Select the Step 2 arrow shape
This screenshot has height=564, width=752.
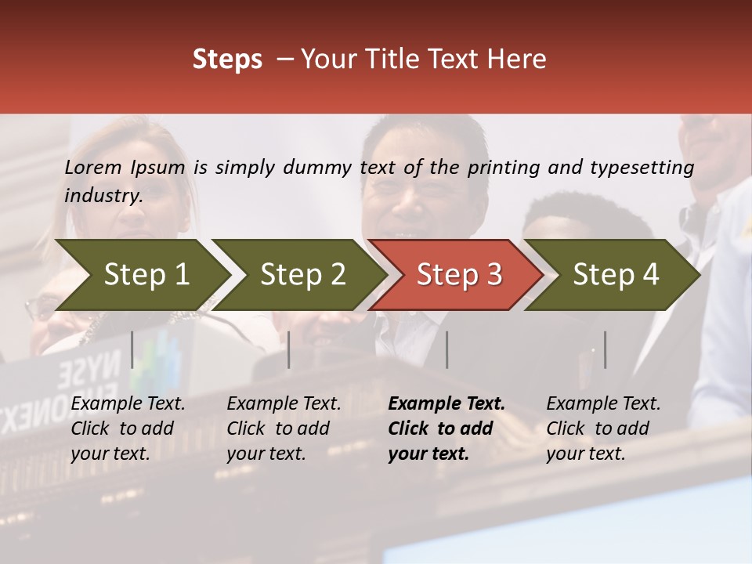click(302, 275)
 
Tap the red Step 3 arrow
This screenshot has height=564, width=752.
click(458, 275)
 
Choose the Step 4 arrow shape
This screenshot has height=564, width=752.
click(615, 275)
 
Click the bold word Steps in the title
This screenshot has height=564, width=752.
click(227, 60)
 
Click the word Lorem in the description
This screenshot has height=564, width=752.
click(93, 167)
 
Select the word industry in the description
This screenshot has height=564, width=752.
click(103, 196)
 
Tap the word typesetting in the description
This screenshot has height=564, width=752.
click(642, 167)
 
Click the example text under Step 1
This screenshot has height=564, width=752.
click(128, 428)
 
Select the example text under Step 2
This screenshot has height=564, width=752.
click(284, 428)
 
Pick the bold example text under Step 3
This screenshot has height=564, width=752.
click(446, 428)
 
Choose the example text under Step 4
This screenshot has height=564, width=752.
click(603, 428)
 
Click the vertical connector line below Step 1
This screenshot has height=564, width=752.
click(132, 349)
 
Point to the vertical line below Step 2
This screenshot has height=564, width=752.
click(289, 349)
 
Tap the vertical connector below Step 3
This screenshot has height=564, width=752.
click(446, 349)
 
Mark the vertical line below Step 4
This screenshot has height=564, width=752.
click(605, 349)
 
